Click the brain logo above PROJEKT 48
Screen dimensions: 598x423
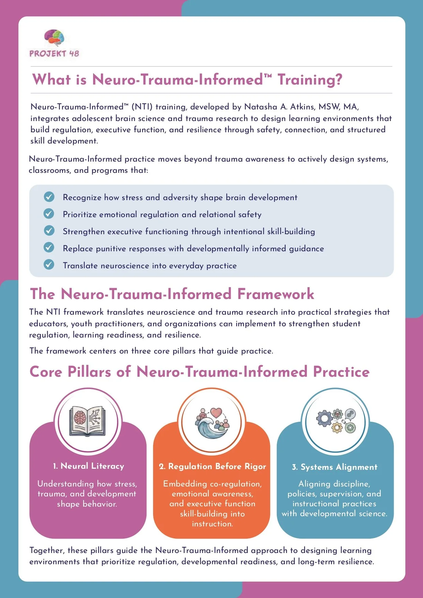[x=54, y=37]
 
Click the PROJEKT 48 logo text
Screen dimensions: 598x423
[x=54, y=54]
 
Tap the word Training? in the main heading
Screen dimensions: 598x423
[x=309, y=79]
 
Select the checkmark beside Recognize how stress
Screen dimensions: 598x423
[x=49, y=197]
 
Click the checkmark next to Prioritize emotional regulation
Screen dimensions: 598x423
[x=49, y=214]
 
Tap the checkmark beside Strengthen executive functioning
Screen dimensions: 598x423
[x=49, y=231]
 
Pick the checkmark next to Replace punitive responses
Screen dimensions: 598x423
[x=49, y=248]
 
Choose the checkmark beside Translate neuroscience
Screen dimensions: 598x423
[x=49, y=265]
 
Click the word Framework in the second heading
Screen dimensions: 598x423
[x=275, y=294]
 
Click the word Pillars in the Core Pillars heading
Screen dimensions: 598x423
[x=89, y=372]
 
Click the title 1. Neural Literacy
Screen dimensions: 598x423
[x=88, y=466]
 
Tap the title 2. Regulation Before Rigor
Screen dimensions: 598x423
[x=212, y=466]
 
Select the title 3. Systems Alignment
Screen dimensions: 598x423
[x=334, y=467]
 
